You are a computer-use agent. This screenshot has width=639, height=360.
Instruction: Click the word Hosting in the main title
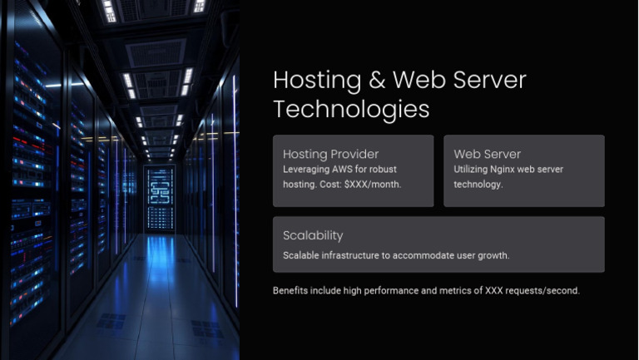310,81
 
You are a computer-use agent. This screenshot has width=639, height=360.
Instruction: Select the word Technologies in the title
351,109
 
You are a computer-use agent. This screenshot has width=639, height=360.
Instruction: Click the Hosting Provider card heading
330,154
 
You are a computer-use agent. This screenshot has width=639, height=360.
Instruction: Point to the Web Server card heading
487,154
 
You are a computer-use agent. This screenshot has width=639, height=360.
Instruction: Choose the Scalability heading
313,235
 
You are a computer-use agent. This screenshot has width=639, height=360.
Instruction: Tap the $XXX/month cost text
374,184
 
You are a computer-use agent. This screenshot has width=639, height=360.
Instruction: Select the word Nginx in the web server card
507,170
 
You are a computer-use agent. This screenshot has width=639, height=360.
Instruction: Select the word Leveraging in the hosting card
306,170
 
